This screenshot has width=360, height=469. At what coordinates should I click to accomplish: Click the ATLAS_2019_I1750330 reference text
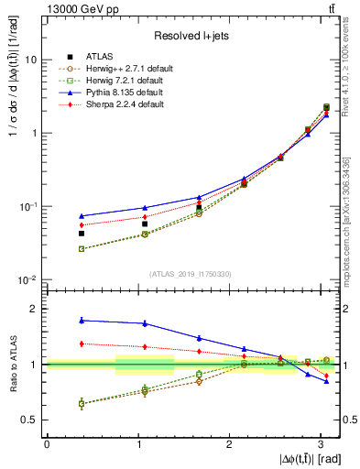191,274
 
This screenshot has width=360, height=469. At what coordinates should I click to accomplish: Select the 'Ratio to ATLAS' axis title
12,364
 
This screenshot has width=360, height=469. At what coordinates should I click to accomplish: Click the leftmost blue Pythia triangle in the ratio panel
82,320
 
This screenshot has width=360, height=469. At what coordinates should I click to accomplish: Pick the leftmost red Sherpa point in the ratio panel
82,344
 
